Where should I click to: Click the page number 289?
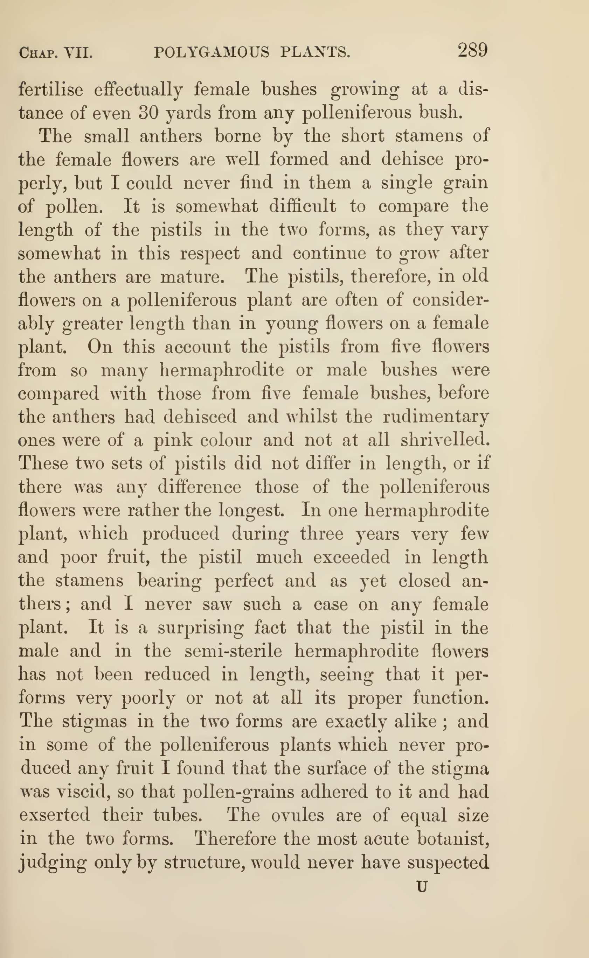tap(472, 51)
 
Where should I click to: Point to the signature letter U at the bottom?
tap(422, 887)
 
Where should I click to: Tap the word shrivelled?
tap(445, 440)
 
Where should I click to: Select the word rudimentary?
tap(436, 417)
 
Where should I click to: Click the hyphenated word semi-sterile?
tap(233, 651)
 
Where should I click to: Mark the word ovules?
tap(298, 815)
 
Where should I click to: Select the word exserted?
tap(54, 815)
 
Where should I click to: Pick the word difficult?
tap(302, 206)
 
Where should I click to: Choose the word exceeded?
tap(351, 557)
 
